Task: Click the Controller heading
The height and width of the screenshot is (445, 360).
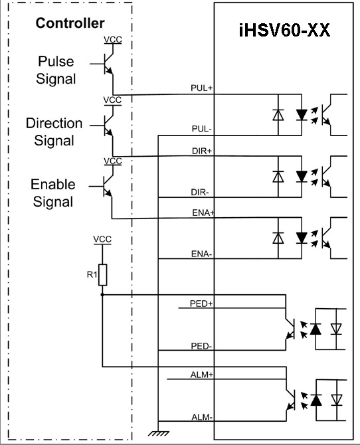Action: tap(70, 23)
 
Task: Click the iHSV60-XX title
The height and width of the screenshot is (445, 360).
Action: tap(285, 29)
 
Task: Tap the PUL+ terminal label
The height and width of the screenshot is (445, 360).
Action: tap(201, 88)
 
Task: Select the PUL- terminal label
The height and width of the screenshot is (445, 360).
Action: tap(201, 129)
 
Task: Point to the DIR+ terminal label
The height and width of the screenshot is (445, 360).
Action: tap(202, 151)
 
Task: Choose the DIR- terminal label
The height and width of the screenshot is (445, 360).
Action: tap(200, 193)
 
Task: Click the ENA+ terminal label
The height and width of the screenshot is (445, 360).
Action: tap(203, 213)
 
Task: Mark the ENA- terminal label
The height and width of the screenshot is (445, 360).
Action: tap(201, 254)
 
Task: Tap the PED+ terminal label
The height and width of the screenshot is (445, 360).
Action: tap(201, 304)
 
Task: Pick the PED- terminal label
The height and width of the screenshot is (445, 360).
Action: tap(201, 346)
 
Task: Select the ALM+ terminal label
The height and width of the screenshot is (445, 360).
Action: tap(201, 375)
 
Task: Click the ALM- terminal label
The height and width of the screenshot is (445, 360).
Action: tap(202, 417)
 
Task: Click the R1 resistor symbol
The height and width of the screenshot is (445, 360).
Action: tap(102, 275)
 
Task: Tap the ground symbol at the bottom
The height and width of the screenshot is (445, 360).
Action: tap(159, 433)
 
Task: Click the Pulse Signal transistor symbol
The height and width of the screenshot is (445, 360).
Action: tap(108, 64)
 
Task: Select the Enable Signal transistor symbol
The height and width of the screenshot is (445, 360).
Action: tap(107, 187)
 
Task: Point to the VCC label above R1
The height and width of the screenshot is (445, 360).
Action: tap(102, 239)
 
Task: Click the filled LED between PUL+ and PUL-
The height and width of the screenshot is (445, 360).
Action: tap(302, 115)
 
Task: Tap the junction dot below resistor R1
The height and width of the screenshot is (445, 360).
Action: tap(102, 295)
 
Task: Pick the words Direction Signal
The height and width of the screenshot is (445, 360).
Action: tap(54, 132)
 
